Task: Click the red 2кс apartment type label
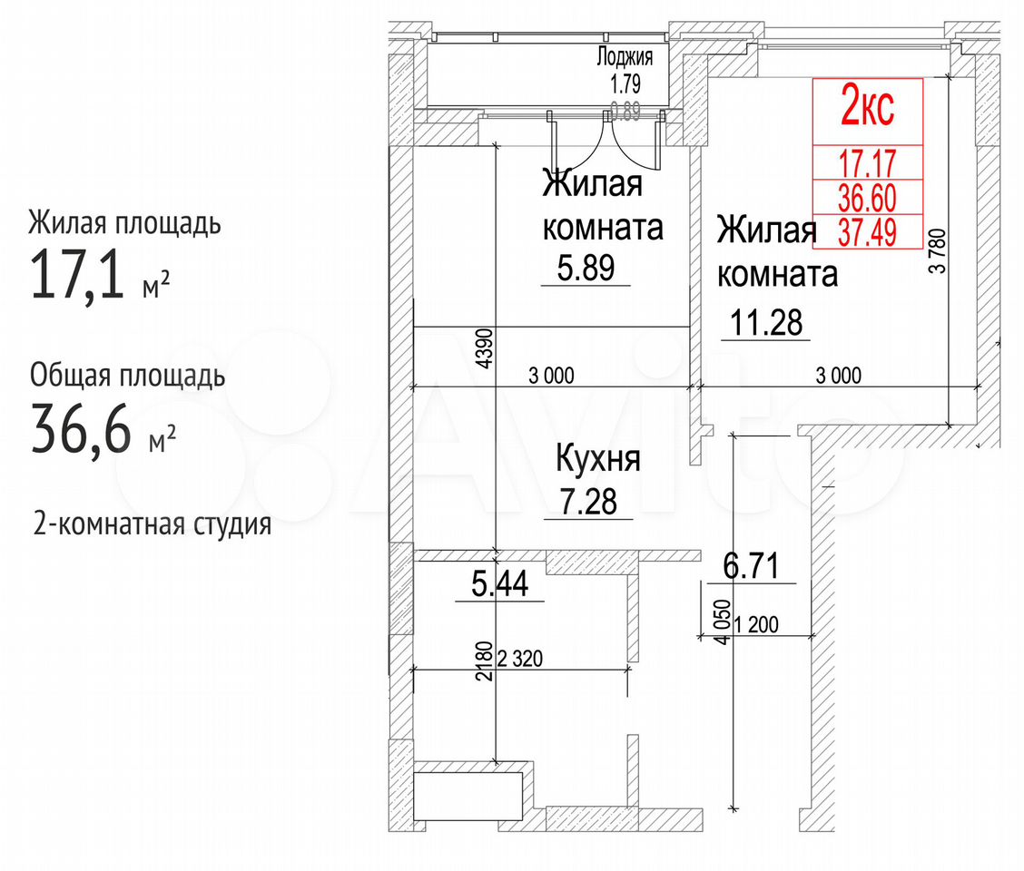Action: (x=867, y=108)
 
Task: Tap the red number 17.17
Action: (x=867, y=162)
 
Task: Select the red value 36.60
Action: (x=867, y=197)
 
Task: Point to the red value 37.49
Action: (x=867, y=231)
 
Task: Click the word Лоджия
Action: (x=625, y=57)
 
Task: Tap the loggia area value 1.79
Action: (x=625, y=83)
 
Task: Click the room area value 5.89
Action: (x=586, y=268)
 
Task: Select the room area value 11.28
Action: (x=765, y=323)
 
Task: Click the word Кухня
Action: (x=597, y=459)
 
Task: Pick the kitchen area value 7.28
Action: (x=588, y=502)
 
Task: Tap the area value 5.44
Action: (x=499, y=583)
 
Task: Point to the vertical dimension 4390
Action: (x=485, y=348)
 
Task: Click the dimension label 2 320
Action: (x=520, y=658)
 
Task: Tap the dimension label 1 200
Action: (x=756, y=625)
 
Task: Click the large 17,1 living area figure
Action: (x=77, y=274)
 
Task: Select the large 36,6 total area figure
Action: (x=81, y=429)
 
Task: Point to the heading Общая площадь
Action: (x=127, y=376)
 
